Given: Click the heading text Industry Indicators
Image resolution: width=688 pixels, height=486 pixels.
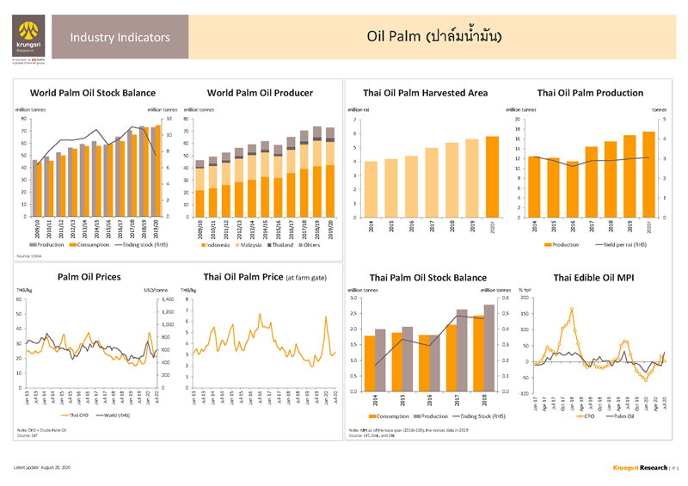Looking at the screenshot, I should [x=120, y=38].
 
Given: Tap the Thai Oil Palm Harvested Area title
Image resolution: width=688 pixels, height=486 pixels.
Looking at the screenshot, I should [x=425, y=92].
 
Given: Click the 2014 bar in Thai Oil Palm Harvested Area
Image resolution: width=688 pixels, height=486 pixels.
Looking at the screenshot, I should [x=370, y=189].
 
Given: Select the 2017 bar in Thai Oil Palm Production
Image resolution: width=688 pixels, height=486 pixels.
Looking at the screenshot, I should [x=591, y=181].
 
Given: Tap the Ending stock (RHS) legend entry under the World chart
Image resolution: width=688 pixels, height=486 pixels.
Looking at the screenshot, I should [x=141, y=245].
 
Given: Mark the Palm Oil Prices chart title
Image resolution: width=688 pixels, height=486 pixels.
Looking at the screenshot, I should [x=89, y=277].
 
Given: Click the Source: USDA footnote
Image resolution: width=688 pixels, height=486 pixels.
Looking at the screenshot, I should [x=29, y=255].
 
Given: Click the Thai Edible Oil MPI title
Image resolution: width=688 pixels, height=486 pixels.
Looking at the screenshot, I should [x=594, y=277].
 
